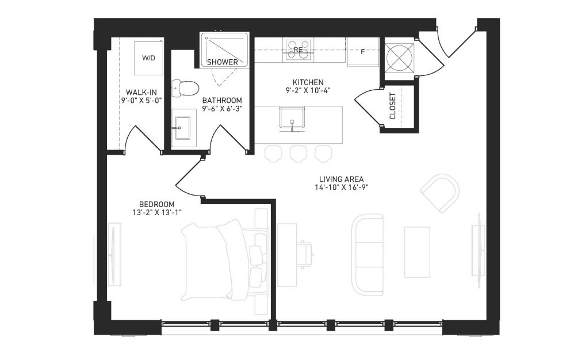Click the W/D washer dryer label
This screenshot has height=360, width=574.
point(148,58)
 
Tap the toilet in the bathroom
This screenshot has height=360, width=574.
point(185,88)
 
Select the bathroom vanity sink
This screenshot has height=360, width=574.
point(182,128)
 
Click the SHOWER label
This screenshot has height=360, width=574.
point(222,62)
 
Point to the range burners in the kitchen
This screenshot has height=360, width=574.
point(299,50)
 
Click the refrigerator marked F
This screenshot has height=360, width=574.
point(363,52)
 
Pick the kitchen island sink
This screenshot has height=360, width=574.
point(292,118)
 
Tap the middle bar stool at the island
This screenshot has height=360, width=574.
point(299,154)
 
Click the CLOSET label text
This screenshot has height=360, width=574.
point(393,106)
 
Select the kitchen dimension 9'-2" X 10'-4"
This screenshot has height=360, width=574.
point(308,90)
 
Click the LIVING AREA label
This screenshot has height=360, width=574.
point(341,179)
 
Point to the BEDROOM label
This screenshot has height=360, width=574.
point(156,204)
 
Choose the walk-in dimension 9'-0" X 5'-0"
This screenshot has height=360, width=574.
point(141,100)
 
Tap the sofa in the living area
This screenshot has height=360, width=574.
point(368,255)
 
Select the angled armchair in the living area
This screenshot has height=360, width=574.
point(441,193)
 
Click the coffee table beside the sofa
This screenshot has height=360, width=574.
point(417,252)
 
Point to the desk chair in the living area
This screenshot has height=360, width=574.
point(305,252)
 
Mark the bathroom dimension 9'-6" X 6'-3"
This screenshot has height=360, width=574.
point(222,104)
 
